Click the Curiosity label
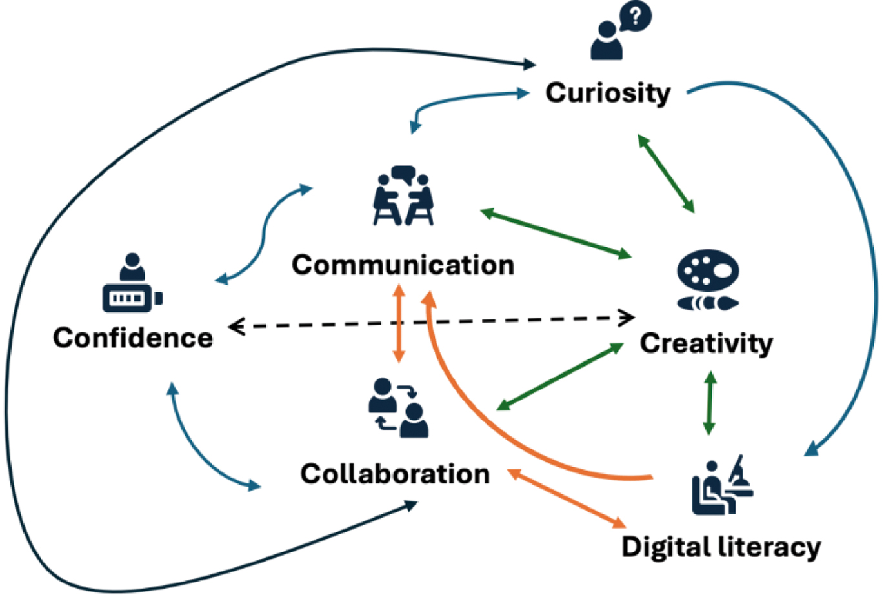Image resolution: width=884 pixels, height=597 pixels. pyautogui.click(x=608, y=93)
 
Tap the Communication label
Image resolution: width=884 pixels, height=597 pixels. pyautogui.click(x=403, y=265)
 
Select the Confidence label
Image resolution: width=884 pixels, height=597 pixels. pyautogui.click(x=133, y=338)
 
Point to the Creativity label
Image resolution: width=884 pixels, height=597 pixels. pyautogui.click(x=706, y=343)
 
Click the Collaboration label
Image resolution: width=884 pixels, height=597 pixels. pyautogui.click(x=395, y=474)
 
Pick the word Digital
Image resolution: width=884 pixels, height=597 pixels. pyautogui.click(x=666, y=547)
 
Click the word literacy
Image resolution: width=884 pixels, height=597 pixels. pyautogui.click(x=770, y=547)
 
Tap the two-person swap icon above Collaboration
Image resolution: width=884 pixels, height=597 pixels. pyautogui.click(x=398, y=408)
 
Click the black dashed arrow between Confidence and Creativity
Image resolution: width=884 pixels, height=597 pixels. pyautogui.click(x=432, y=321)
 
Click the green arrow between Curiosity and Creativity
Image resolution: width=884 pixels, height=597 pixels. pyautogui.click(x=666, y=173)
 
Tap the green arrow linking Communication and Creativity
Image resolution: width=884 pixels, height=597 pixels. pyautogui.click(x=556, y=233)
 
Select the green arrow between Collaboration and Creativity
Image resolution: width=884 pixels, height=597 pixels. pyautogui.click(x=560, y=376)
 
